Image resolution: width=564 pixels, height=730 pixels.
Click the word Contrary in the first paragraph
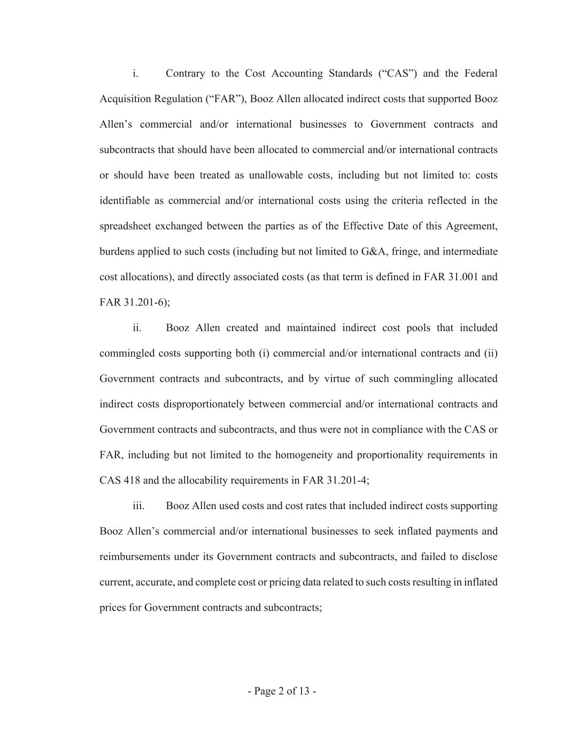point(185,73)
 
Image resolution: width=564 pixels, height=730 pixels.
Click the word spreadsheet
point(125,226)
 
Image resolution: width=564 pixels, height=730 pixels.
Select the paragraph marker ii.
point(137,328)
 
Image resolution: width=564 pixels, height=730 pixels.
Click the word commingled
point(127,354)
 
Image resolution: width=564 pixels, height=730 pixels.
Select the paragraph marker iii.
point(138,506)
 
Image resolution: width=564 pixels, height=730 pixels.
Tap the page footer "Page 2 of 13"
point(282,691)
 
